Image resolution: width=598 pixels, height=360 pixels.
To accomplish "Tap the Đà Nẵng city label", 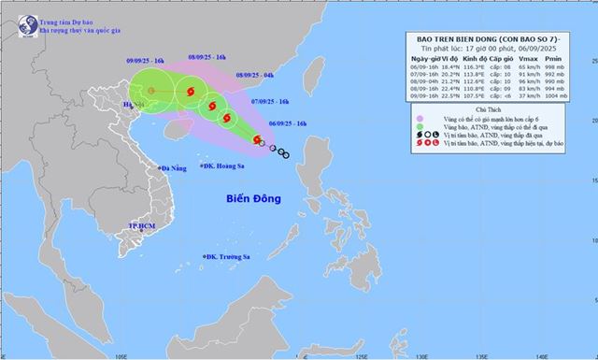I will (175, 169).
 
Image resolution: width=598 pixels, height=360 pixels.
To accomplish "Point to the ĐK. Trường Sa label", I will (232, 257).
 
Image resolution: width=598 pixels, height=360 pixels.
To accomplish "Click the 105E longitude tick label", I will (121, 354).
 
